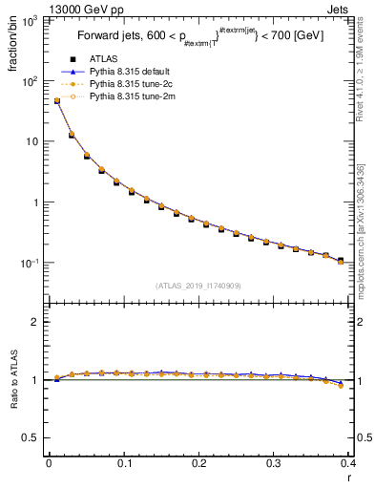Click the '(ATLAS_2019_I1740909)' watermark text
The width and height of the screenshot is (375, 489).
tap(198, 286)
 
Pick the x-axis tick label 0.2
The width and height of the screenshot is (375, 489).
tap(198, 464)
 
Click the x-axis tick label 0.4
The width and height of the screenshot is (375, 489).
tap(348, 464)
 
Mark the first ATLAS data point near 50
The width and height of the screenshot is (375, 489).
tap(56, 100)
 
